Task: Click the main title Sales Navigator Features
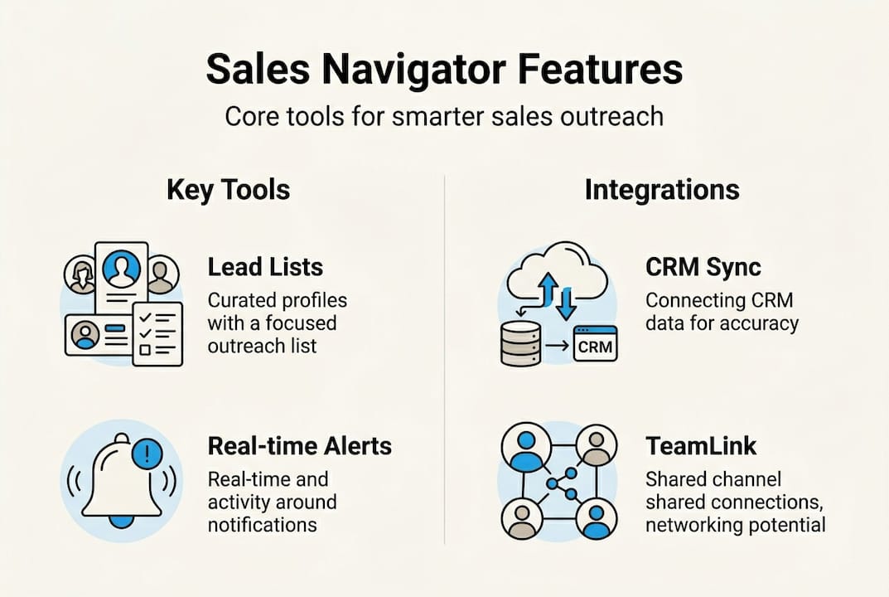pyautogui.click(x=444, y=70)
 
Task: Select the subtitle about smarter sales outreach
pyautogui.click(x=444, y=116)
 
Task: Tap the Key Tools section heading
pyautogui.click(x=228, y=190)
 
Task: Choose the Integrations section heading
pyautogui.click(x=662, y=190)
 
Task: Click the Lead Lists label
pyautogui.click(x=265, y=267)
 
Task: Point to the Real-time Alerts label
pyautogui.click(x=299, y=446)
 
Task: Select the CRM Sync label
pyautogui.click(x=703, y=267)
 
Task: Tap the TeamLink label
pyautogui.click(x=701, y=446)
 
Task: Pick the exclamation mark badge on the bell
pyautogui.click(x=147, y=453)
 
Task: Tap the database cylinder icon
pyautogui.click(x=521, y=343)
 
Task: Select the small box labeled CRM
pyautogui.click(x=595, y=345)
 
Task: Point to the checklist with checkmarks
pyautogui.click(x=157, y=332)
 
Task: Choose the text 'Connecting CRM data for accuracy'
pyautogui.click(x=722, y=312)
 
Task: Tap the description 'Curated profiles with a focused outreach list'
pyautogui.click(x=277, y=323)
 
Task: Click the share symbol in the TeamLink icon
pyautogui.click(x=558, y=483)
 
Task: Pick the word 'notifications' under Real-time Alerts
pyautogui.click(x=262, y=524)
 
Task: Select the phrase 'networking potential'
pyautogui.click(x=735, y=524)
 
